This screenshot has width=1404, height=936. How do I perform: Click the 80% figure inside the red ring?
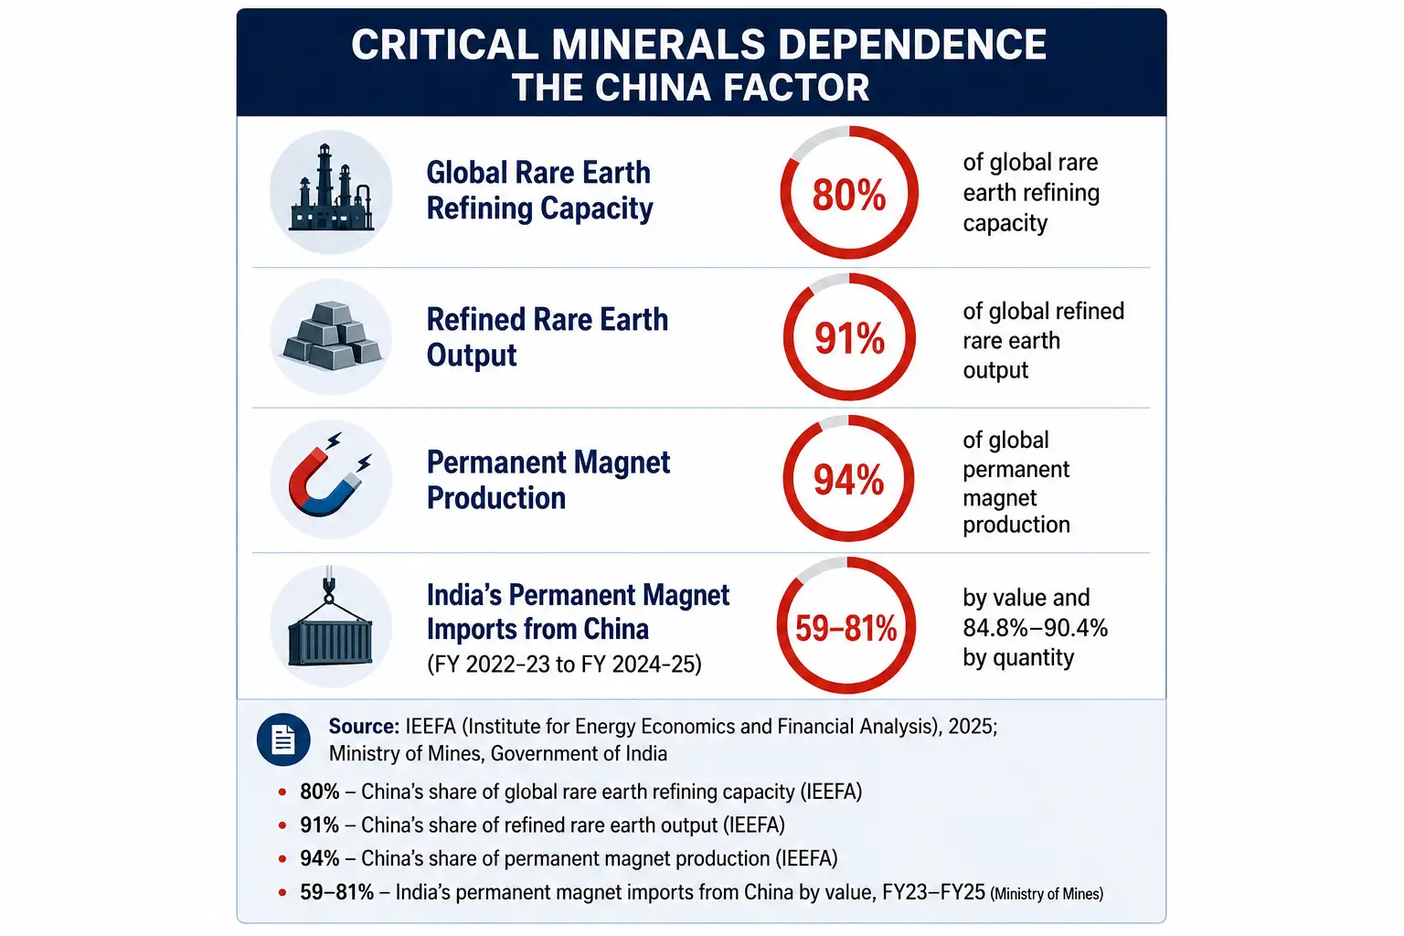[848, 195]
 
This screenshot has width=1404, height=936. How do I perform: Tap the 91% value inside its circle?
[849, 338]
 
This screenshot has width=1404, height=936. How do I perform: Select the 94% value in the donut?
[848, 480]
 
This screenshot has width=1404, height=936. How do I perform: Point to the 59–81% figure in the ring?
[846, 628]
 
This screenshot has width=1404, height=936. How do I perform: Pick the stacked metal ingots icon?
[332, 335]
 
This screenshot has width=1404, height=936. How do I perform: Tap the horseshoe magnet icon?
[330, 475]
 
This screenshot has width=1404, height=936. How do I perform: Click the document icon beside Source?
[283, 739]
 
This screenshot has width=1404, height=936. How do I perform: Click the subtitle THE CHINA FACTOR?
[691, 87]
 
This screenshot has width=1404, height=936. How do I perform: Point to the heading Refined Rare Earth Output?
[548, 337]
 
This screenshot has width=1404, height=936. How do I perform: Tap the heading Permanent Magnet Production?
[548, 480]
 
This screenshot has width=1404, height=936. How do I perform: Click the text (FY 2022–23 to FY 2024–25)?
[564, 664]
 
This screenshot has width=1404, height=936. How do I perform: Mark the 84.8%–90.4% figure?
[1036, 628]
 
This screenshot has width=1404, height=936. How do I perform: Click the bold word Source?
[364, 726]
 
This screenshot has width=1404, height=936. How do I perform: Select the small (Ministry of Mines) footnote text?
[1047, 893]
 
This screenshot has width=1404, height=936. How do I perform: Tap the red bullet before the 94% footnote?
[282, 859]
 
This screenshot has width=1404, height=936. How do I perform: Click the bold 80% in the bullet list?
[319, 792]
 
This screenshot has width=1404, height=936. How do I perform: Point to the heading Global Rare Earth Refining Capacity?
[539, 191]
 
